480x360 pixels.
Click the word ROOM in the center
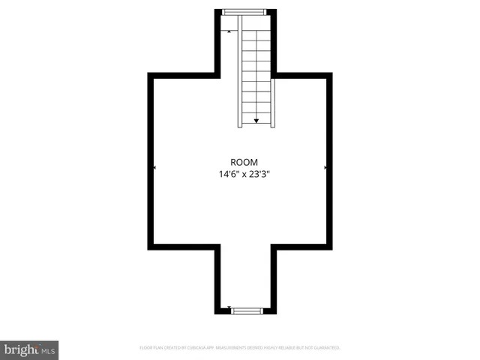(244, 162)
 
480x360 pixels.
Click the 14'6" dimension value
(229, 175)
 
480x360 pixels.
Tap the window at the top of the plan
(244, 10)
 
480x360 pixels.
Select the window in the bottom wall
(247, 309)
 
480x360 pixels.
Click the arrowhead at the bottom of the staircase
(256, 120)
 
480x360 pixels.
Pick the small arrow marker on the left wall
(154, 168)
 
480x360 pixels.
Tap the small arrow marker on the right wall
(325, 168)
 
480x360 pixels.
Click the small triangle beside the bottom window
(228, 307)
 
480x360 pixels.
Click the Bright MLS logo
(29, 349)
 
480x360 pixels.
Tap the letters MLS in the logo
(48, 350)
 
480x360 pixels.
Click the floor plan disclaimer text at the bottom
(240, 348)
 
